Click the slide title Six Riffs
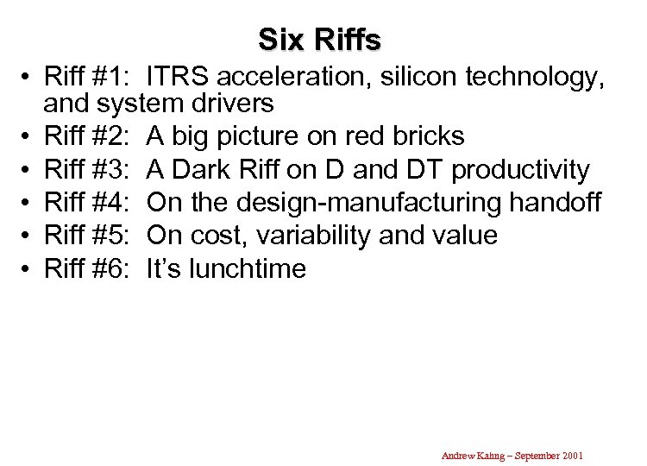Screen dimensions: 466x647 (319, 39)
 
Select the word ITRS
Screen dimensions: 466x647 (174, 78)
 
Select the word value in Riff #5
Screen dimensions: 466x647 (467, 236)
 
